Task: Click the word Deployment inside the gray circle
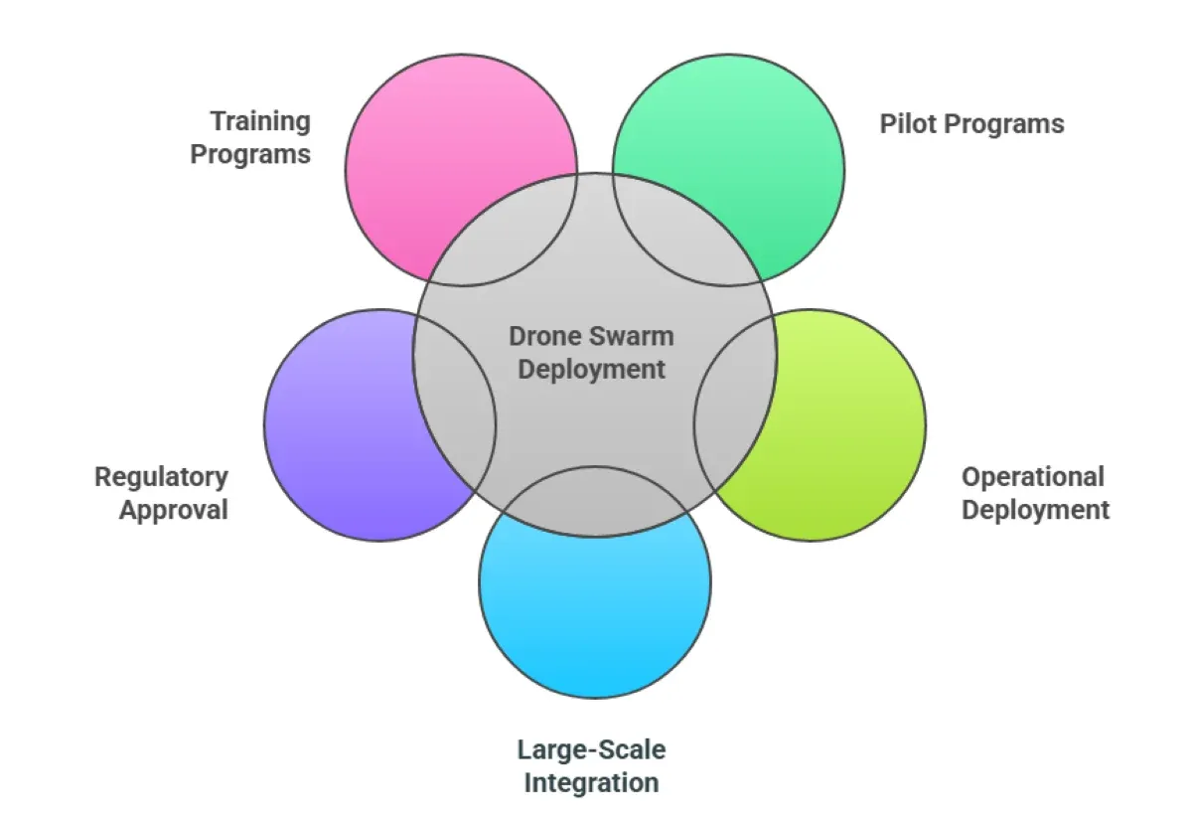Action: (x=592, y=369)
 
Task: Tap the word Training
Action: (x=260, y=122)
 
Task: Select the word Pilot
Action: (x=906, y=124)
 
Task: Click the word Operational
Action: (x=1032, y=477)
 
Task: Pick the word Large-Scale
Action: (x=591, y=749)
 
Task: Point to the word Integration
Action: (x=591, y=782)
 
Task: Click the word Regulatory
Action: (x=161, y=477)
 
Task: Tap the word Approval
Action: (x=174, y=510)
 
